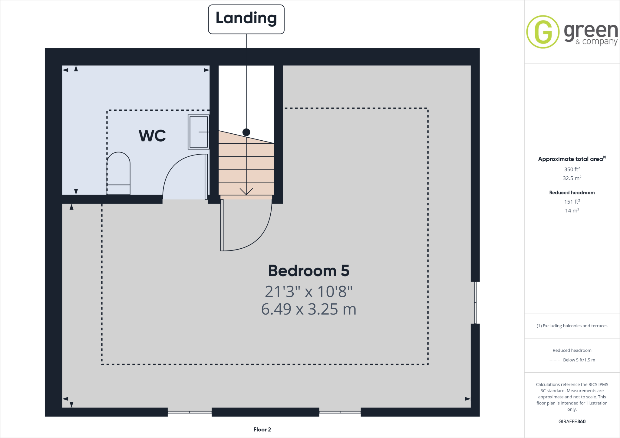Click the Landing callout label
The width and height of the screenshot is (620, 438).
pos(246,19)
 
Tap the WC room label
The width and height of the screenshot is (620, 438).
pos(152,136)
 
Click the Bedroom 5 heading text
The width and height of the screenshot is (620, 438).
pos(308,270)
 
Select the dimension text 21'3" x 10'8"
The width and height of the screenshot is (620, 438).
pos(308,292)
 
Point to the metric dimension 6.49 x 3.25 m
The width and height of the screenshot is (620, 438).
pos(308,309)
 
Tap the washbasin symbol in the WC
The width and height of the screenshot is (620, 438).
pos(199,132)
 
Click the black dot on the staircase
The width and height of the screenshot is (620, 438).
pos(246,132)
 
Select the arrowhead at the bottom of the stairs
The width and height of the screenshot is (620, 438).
pos(246,192)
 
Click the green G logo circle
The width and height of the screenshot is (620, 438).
pos(543,32)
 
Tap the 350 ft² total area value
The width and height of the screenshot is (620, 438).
pos(572,169)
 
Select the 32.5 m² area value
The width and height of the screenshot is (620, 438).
pos(572,178)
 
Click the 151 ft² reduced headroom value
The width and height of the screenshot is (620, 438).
pos(572,202)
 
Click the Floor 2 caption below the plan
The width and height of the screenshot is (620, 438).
pos(262,430)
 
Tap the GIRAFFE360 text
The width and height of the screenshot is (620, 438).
pos(572,421)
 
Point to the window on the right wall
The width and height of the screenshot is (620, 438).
pos(475,302)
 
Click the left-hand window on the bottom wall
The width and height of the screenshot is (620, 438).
pos(190,412)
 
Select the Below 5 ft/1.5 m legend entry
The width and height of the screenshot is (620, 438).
pos(579,360)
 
